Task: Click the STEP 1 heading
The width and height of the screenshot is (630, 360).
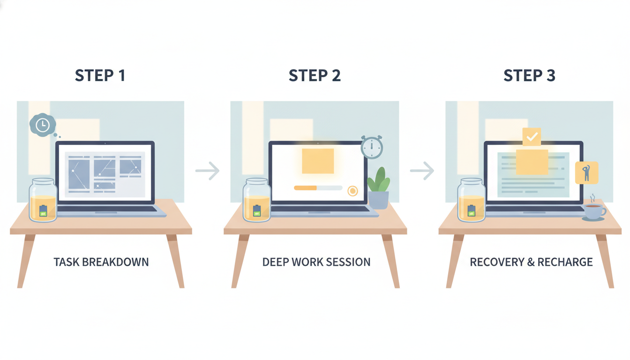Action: coord(100,75)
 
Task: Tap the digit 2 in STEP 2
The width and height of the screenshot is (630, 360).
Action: coord(336,75)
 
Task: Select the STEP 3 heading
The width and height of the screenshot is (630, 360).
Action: coord(529,75)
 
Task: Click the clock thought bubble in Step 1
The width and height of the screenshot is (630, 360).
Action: coord(43,125)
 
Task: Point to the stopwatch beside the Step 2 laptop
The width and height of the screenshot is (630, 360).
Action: coord(372,147)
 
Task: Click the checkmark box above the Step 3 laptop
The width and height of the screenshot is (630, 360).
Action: coord(532,137)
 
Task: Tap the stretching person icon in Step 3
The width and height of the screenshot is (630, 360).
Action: coord(587,172)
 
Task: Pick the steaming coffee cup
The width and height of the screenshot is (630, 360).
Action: coord(594,211)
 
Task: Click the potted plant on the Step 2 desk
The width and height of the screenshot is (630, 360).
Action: coord(379,188)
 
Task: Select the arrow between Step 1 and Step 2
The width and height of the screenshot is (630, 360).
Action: coord(208,171)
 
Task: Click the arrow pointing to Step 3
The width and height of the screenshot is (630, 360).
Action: coord(422,171)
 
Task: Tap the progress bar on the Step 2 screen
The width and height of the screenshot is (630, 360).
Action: coord(318,188)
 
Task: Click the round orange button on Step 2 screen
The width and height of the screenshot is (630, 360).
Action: coord(352,191)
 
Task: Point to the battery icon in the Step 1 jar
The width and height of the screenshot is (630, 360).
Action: coord(43,210)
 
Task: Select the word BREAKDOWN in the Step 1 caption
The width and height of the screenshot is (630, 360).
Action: coord(115,262)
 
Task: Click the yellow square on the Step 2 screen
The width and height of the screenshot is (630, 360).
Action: coord(318,161)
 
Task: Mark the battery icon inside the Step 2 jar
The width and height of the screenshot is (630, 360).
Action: coord(257,210)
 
